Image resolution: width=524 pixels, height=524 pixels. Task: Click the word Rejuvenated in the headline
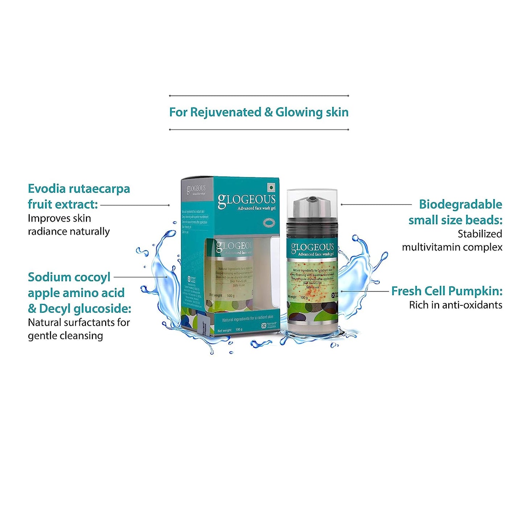226,112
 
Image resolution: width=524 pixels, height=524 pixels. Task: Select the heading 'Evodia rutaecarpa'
79,189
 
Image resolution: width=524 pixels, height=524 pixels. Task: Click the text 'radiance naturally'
69,231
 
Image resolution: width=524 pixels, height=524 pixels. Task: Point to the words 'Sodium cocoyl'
69,277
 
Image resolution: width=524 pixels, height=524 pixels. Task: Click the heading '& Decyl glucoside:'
79,309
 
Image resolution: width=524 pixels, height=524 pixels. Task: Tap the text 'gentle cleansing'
65,336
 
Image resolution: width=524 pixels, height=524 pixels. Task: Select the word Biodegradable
460,205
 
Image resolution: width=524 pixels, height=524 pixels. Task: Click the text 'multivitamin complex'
452,247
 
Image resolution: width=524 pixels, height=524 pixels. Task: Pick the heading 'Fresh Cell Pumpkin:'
447,291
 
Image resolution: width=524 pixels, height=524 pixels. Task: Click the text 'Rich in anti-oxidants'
455,305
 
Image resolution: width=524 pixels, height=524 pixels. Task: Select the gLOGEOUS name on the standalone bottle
312,247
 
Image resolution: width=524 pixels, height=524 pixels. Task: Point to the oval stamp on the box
269,222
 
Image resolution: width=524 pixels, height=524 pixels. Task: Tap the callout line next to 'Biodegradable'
376,205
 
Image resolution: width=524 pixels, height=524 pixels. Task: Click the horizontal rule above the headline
259,96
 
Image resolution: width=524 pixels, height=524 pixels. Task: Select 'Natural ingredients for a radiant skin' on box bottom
248,318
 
